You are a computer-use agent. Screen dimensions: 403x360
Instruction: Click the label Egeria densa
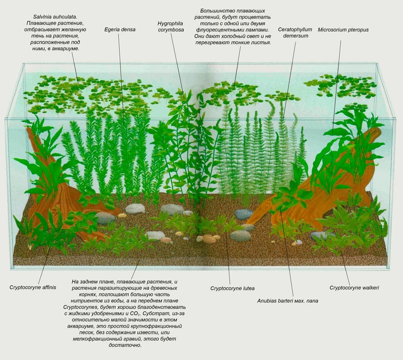click(120, 29)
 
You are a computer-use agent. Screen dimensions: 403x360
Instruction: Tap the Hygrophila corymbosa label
click(171, 26)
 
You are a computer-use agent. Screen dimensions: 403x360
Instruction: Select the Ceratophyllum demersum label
click(295, 33)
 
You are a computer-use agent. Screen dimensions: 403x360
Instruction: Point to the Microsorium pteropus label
click(343, 30)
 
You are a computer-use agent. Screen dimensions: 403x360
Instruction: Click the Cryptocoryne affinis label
click(33, 287)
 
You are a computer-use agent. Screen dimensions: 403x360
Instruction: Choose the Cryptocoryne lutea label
click(232, 288)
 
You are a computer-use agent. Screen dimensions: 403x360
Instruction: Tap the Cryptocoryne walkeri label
click(354, 288)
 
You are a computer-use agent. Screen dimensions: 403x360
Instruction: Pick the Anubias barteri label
click(288, 301)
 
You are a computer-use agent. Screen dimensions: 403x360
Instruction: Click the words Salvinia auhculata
click(55, 17)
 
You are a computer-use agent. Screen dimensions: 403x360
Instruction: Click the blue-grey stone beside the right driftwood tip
click(244, 214)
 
